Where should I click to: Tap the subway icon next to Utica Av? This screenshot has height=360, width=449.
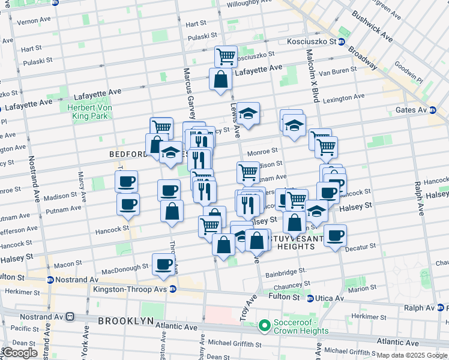click(x=310, y=298)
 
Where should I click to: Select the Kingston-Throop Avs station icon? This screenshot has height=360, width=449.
click(x=173, y=289)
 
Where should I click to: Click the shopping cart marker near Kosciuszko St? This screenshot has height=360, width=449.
click(x=226, y=56)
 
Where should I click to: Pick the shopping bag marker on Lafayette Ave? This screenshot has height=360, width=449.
click(x=220, y=79)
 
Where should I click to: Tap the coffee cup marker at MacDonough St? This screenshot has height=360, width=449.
click(x=163, y=264)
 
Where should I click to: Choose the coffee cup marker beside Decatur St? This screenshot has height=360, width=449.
click(x=336, y=235)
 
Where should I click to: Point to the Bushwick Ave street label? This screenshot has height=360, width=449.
click(x=372, y=26)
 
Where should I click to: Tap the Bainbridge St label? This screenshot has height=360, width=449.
click(x=286, y=271)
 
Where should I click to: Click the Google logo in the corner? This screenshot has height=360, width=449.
click(x=19, y=353)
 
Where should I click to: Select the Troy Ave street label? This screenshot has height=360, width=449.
click(x=249, y=307)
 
